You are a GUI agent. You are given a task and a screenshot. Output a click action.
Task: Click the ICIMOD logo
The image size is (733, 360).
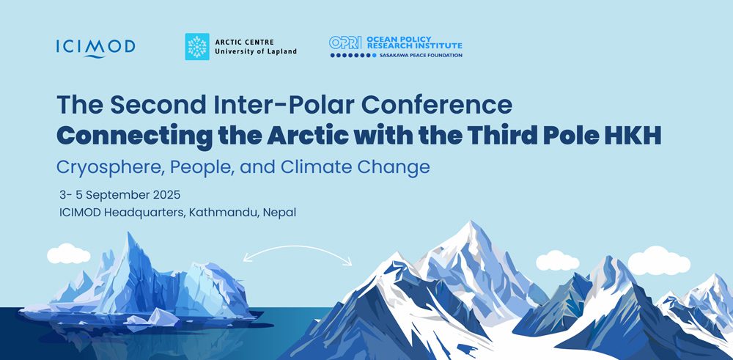click(x=96, y=48)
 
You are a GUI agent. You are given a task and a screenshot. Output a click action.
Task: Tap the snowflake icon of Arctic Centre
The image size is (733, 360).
click(x=196, y=47)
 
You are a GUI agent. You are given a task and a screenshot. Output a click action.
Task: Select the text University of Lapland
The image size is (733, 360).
click(x=256, y=52)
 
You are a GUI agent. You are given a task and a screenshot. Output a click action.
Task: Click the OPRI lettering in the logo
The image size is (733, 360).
click(x=345, y=43)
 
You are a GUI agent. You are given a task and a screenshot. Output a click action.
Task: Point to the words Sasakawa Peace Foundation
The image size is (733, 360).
click(x=421, y=55)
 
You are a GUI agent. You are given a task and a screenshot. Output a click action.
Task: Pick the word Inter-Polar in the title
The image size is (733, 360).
click(x=277, y=105)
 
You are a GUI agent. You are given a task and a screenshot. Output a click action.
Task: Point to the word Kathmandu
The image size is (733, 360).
click(x=224, y=212)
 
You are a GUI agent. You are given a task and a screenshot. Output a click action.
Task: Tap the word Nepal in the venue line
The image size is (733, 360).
click(x=279, y=213)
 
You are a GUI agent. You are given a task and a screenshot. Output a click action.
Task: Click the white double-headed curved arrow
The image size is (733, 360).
click(x=298, y=246)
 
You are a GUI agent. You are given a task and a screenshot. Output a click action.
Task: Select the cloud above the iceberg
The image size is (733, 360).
click(x=69, y=254)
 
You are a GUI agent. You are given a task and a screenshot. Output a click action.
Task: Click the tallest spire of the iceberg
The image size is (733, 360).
click(x=130, y=235)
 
